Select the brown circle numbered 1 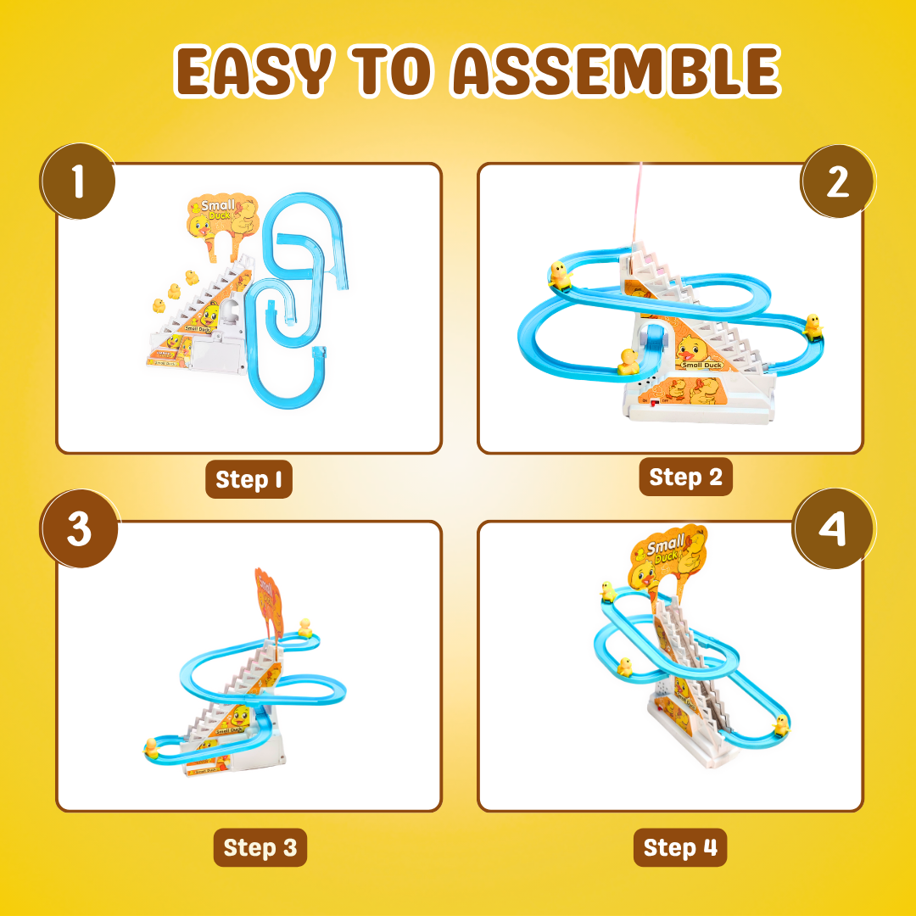tap(78, 182)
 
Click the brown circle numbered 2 tap(837, 182)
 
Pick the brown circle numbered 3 tap(78, 529)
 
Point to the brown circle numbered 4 tap(831, 529)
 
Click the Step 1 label tap(249, 479)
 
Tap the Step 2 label tap(685, 477)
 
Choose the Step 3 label tap(260, 847)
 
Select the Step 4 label tap(680, 847)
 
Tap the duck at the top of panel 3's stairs tap(305, 627)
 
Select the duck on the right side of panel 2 tap(813, 325)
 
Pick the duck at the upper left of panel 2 tap(559, 274)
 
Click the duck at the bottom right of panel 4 tap(780, 725)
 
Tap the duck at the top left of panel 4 tap(608, 591)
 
